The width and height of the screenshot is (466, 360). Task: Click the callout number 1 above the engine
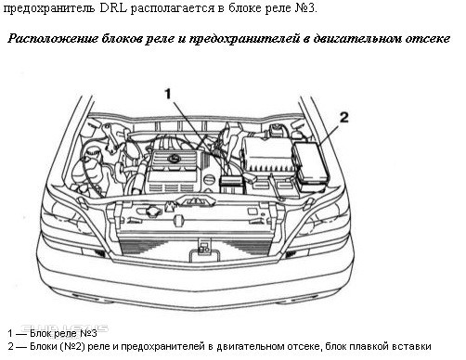(x=168, y=94)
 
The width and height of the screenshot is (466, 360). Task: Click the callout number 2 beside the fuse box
(x=344, y=118)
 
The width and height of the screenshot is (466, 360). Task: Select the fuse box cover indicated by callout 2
(x=310, y=167)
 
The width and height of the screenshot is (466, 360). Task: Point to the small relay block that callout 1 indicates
(x=232, y=184)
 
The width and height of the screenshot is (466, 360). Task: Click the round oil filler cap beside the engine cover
(x=210, y=180)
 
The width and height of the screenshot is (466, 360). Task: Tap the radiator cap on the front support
(x=153, y=212)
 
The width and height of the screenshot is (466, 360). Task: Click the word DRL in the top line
(x=113, y=8)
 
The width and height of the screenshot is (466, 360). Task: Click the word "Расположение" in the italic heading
(x=53, y=39)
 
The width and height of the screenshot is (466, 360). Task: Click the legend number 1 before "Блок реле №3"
(x=10, y=334)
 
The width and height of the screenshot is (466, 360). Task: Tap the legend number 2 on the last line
(x=11, y=347)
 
